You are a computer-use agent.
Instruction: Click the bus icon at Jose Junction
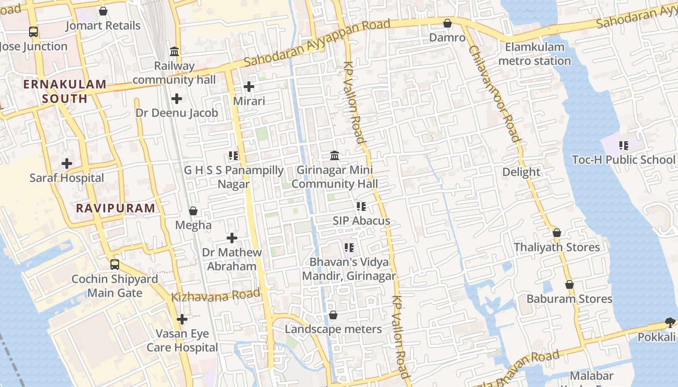(33, 32)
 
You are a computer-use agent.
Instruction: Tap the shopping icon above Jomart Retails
(103, 11)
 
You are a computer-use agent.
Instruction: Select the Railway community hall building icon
(174, 51)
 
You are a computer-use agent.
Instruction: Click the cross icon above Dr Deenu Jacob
(177, 99)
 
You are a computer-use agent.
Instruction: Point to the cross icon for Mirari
(249, 87)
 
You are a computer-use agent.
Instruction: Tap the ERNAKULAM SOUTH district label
(64, 91)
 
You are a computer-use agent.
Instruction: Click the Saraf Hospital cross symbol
(67, 164)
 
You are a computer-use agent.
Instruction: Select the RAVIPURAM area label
(116, 208)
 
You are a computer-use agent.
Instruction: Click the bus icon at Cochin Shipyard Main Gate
(114, 265)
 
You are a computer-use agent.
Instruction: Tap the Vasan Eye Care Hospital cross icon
(182, 319)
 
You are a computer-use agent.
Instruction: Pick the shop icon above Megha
(193, 211)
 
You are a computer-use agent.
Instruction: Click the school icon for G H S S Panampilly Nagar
(233, 156)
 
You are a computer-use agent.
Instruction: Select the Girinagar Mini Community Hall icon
(335, 156)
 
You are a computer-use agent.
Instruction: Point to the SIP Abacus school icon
(361, 207)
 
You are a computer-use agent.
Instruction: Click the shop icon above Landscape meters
(333, 315)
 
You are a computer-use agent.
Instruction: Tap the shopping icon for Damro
(447, 23)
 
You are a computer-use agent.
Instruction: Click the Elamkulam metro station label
(534, 54)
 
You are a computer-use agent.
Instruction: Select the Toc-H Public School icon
(624, 145)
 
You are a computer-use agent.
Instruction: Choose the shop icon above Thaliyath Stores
(557, 233)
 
